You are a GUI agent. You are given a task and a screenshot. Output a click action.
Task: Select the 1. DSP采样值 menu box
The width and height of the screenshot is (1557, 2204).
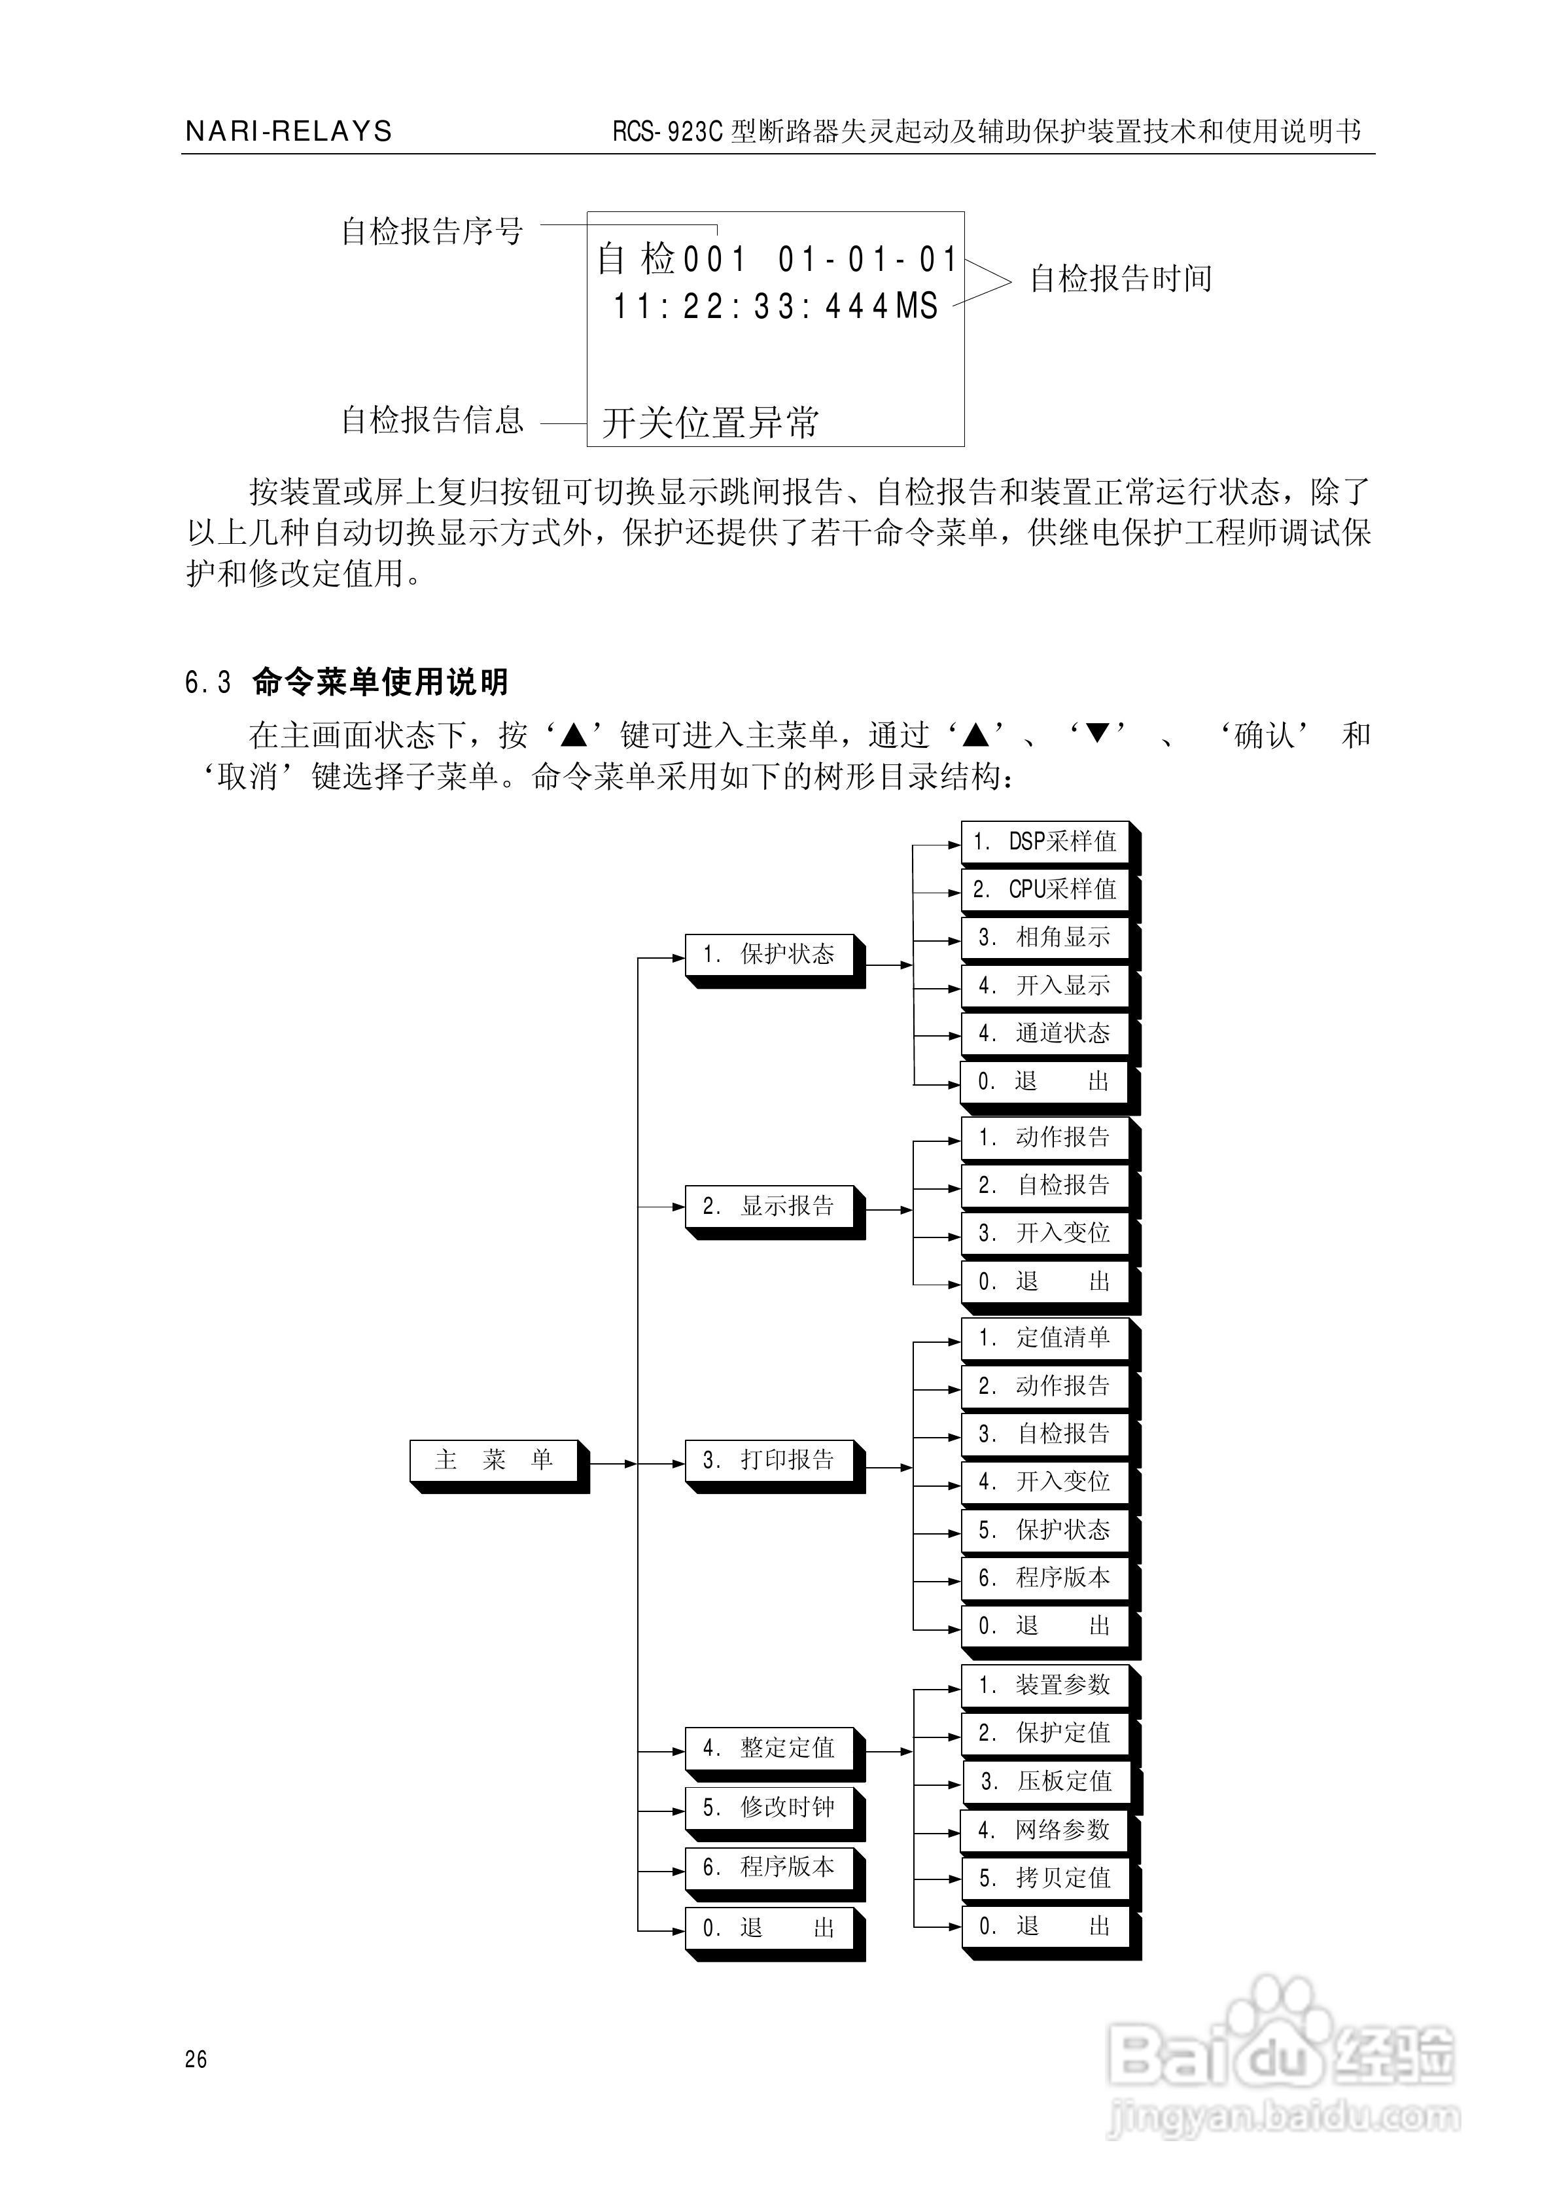coord(1044,842)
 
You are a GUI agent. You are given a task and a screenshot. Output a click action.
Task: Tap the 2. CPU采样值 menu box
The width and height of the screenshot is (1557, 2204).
coord(1044,890)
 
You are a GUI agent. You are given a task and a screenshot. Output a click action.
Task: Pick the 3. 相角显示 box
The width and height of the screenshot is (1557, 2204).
coord(1044,938)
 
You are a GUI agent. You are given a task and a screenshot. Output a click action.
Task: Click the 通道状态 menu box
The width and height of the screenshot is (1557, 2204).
coord(1044,1034)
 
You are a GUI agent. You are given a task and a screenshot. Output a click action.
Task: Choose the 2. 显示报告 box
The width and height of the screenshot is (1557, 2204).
coord(769,1207)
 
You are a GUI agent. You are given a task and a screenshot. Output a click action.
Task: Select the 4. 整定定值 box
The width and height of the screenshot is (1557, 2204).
coord(769,1748)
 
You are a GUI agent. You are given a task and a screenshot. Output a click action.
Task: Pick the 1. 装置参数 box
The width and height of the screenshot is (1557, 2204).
coord(1044,1684)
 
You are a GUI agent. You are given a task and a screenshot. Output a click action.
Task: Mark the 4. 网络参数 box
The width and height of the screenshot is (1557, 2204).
coord(1043,1830)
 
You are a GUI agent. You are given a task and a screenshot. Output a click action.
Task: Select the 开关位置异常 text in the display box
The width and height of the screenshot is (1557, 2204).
coord(710,422)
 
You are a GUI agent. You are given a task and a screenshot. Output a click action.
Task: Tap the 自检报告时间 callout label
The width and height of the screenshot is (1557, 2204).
coord(1120,279)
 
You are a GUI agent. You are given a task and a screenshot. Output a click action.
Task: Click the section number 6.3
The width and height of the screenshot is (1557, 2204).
coord(208,683)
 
